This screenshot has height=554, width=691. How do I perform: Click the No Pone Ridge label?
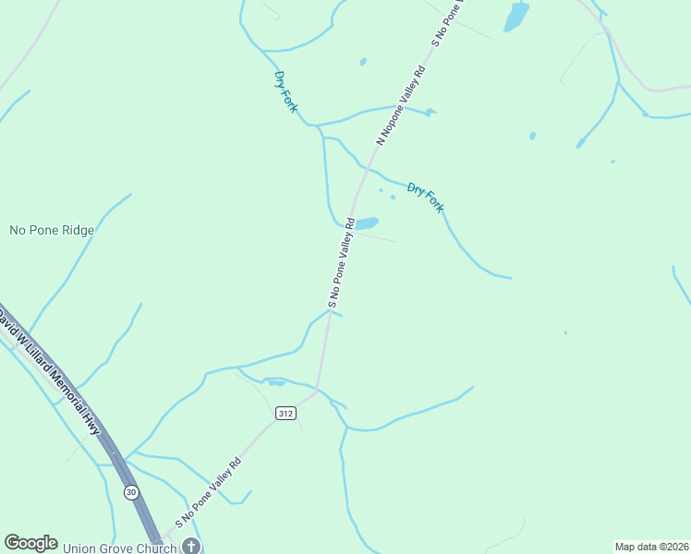click(52, 230)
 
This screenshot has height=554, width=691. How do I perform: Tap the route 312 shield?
click(285, 414)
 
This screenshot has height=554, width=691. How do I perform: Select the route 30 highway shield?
click(131, 492)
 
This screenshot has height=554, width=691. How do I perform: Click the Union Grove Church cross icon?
click(191, 546)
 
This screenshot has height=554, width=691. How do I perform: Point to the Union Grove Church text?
click(119, 548)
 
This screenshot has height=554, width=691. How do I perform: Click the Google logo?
click(30, 543)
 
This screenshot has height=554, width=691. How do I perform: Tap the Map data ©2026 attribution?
click(651, 547)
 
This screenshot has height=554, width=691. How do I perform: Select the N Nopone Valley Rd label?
click(401, 105)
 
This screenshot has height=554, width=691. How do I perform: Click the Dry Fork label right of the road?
click(425, 198)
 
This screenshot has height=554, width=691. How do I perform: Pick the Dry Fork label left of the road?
click(286, 92)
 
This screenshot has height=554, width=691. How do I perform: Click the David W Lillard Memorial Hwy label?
click(51, 373)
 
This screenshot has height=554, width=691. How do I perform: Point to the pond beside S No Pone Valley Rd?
click(367, 223)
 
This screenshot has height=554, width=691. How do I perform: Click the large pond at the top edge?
click(515, 16)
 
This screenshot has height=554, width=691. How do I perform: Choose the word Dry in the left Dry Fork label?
click(280, 80)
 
